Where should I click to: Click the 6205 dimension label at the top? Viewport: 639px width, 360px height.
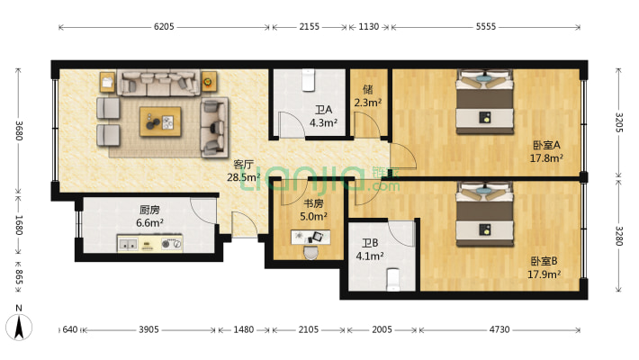point(164,27)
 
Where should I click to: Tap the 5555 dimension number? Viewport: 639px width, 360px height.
point(486,27)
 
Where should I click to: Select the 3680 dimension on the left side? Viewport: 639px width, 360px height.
point(19,130)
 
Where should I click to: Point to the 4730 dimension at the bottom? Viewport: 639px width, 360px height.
point(499,329)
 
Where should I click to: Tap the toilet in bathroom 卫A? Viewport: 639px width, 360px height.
point(309,80)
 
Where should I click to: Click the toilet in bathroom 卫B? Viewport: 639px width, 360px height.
point(393,279)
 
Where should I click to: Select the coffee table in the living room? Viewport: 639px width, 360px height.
point(160,121)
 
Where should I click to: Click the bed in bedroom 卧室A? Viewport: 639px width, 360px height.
point(484,102)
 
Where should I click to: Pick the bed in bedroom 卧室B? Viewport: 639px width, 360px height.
point(484,214)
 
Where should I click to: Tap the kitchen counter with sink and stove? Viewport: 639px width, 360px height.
point(149,243)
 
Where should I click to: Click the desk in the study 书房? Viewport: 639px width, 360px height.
point(310,238)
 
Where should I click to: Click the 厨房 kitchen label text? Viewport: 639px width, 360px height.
point(149,210)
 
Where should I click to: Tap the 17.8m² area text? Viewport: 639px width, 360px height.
point(546,157)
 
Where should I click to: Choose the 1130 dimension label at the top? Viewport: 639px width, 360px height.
point(368,27)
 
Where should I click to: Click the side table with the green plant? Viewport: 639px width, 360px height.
point(209,82)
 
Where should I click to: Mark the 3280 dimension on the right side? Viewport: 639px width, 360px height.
point(619,236)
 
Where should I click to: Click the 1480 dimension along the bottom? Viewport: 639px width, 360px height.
point(244,329)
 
